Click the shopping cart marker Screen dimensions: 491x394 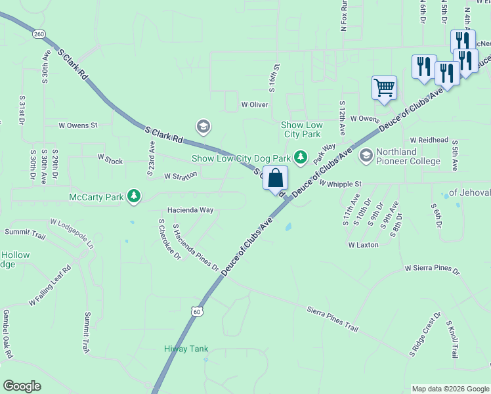click(x=384, y=87)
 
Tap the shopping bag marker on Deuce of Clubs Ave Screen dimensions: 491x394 click(x=276, y=177)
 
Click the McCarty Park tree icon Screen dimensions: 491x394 click(x=135, y=196)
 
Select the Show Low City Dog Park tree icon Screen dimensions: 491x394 click(x=301, y=158)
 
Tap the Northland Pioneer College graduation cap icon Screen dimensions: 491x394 click(x=366, y=156)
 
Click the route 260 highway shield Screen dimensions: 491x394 click(x=38, y=34)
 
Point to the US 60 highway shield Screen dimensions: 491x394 click(x=197, y=311)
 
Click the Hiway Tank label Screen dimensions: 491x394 click(x=186, y=349)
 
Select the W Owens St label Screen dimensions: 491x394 click(x=78, y=125)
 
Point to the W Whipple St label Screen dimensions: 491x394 click(x=341, y=185)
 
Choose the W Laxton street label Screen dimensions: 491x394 click(x=363, y=245)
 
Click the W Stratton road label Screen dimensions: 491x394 click(x=181, y=176)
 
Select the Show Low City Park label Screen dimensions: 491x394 click(x=301, y=129)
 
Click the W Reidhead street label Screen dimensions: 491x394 click(x=429, y=140)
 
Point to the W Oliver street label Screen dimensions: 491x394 click(x=255, y=104)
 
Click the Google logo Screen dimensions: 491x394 click(x=22, y=386)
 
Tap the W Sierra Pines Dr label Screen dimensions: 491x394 click(x=433, y=269)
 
